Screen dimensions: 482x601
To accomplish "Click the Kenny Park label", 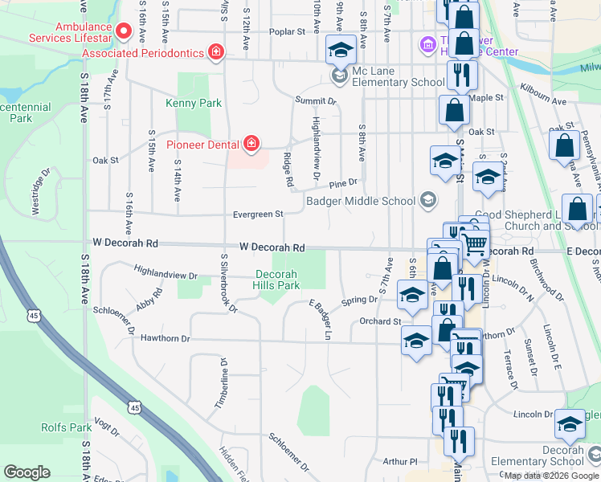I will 193,103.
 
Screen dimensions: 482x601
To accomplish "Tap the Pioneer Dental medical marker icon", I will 251,145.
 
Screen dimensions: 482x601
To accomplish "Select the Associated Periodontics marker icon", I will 215,52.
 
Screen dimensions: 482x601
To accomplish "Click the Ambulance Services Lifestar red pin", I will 124,31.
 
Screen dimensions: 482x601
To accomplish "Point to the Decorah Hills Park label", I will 277,280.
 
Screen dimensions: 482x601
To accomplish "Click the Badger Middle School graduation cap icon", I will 428,200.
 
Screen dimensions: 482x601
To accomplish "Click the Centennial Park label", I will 24,112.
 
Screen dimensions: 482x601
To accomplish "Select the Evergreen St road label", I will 258,214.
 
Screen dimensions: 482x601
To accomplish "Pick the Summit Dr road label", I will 315,101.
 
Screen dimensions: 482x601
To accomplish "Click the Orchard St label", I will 379,321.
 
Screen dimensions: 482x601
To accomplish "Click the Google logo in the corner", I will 27,472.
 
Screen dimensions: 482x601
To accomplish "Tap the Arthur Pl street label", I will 400,461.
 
